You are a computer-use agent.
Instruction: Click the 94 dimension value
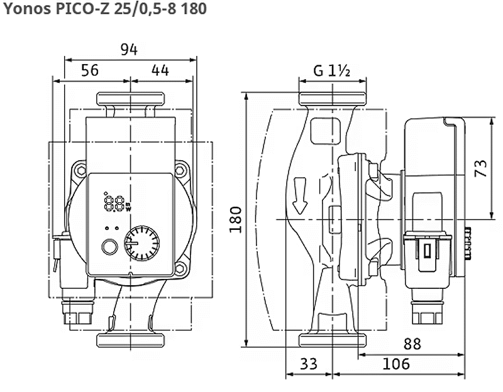point(129,50)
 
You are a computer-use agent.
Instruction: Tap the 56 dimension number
point(89,70)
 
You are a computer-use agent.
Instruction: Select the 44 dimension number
point(160,70)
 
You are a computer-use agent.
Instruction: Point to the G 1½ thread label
point(331,70)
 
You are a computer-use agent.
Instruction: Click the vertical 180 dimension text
point(236,220)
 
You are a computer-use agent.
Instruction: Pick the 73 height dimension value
point(480,168)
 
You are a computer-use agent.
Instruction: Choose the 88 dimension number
point(412,344)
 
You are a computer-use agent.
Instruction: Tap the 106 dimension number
point(396,364)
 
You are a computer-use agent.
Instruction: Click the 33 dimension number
point(309,364)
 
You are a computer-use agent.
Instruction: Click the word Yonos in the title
point(27,9)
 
